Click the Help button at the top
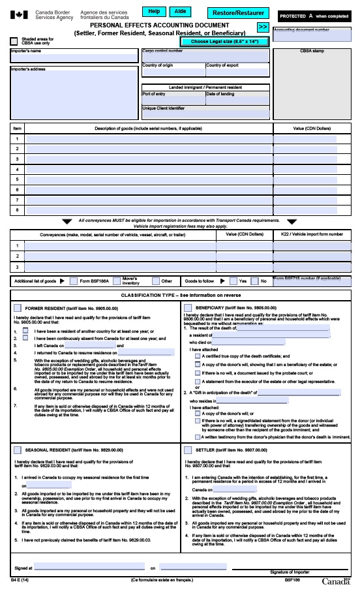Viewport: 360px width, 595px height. [x=154, y=11]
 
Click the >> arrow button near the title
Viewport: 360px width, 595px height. [x=262, y=27]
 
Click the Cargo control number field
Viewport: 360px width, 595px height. [x=205, y=57]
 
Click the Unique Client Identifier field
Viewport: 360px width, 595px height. [x=205, y=114]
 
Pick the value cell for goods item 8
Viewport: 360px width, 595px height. [x=305, y=210]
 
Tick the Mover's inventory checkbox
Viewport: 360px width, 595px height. [x=115, y=281]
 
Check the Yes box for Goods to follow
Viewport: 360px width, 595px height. [x=233, y=281]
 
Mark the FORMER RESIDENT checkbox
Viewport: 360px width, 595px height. [x=17, y=307]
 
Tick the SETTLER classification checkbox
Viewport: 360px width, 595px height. [x=189, y=450]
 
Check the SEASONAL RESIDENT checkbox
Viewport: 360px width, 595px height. [x=17, y=450]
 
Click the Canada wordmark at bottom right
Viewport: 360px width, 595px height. [x=336, y=581]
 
